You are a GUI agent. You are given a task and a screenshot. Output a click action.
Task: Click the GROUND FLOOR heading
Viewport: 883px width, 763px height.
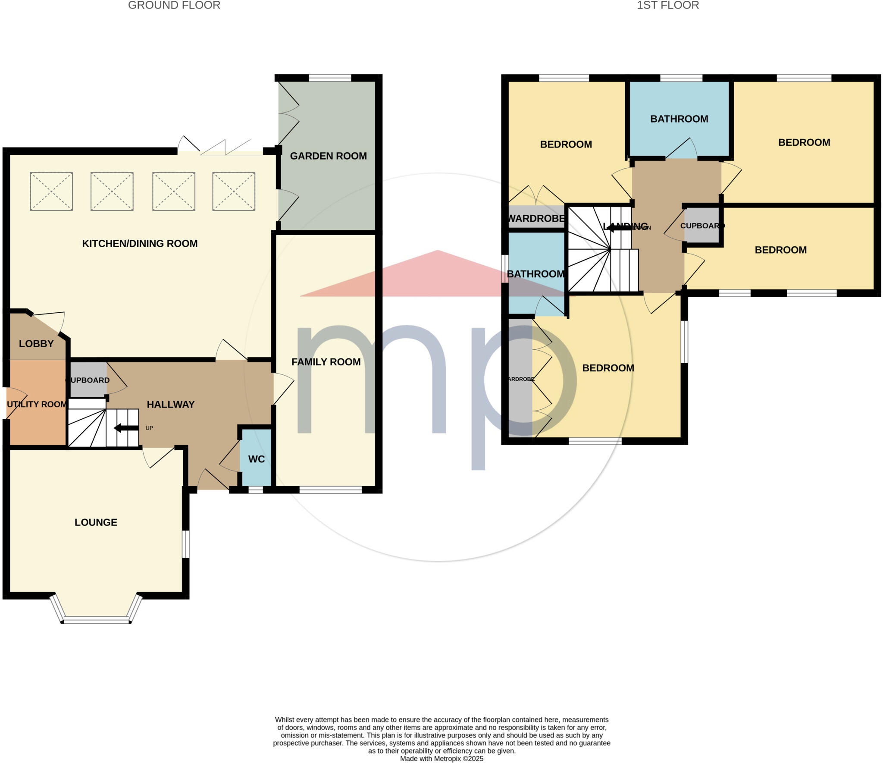coord(174,5)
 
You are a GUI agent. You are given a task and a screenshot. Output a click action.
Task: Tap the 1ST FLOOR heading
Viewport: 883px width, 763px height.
coord(668,5)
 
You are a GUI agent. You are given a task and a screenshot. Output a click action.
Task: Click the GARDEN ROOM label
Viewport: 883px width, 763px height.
coord(328,156)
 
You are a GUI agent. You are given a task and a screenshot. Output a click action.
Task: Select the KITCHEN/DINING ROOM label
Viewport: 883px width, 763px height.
coord(140,243)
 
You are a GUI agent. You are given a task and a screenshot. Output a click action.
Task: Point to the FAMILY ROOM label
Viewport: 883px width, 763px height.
coord(326,362)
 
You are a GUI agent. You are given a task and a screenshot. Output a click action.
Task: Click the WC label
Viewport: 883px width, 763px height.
coord(257,459)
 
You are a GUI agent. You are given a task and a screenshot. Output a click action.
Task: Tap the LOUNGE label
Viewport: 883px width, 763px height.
coord(96,522)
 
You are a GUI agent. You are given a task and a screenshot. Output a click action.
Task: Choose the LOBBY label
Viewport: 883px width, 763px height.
coord(36,344)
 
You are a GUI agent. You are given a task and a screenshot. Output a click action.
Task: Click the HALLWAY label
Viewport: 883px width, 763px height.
coord(171,404)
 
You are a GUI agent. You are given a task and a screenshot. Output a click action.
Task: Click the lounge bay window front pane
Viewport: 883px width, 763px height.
coord(96,622)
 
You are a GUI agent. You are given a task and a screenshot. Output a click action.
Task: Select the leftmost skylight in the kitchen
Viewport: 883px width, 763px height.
coord(51,191)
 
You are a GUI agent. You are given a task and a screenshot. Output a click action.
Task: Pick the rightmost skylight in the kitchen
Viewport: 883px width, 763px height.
coord(234,191)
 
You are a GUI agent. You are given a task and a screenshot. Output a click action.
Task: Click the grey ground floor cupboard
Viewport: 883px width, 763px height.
coord(88,380)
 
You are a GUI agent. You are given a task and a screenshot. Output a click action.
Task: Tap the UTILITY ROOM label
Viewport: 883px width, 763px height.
coord(36,404)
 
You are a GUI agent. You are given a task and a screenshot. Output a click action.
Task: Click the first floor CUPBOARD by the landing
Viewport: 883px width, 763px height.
coord(701,225)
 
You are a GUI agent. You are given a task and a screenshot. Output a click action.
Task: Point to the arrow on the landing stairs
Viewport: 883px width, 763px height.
coord(618,227)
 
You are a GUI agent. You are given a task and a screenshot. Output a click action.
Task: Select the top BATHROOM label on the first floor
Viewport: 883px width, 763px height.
coord(679,119)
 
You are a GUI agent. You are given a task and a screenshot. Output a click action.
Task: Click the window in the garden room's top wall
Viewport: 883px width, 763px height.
coord(330,78)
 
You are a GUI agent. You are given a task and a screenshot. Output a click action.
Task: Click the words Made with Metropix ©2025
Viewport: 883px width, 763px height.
coord(441,759)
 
